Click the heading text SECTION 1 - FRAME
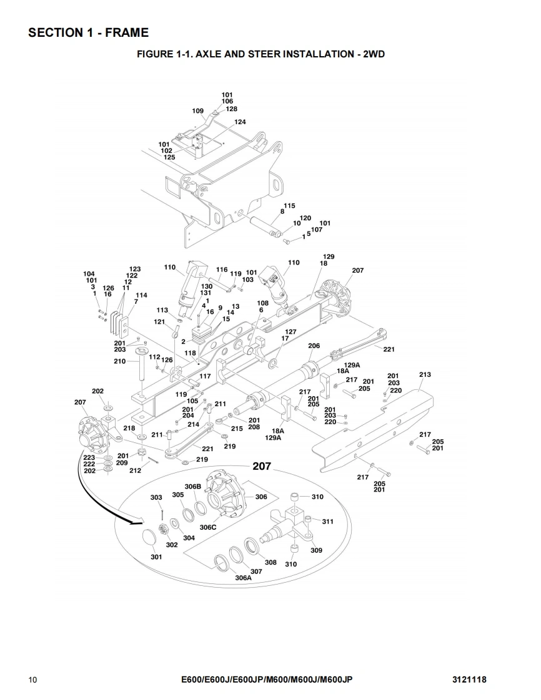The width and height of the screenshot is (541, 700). [x=88, y=32]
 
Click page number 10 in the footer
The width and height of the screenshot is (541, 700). [x=32, y=679]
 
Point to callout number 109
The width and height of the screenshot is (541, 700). [x=197, y=111]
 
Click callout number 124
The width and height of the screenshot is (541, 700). [x=240, y=122]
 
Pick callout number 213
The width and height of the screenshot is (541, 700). [x=425, y=375]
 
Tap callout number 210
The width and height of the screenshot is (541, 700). [x=119, y=361]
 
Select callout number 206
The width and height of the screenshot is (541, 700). [x=314, y=346]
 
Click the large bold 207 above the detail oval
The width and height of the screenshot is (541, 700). [x=261, y=466]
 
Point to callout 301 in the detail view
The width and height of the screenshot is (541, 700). [x=156, y=557]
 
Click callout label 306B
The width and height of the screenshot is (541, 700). [x=192, y=486]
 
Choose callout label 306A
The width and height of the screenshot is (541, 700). [x=243, y=578]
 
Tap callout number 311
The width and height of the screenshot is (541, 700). [x=327, y=522]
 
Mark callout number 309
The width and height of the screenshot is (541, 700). [x=316, y=550]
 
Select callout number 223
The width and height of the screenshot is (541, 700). [x=89, y=458]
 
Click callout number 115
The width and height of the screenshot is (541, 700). [x=289, y=206]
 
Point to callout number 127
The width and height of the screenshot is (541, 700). [x=290, y=332]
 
